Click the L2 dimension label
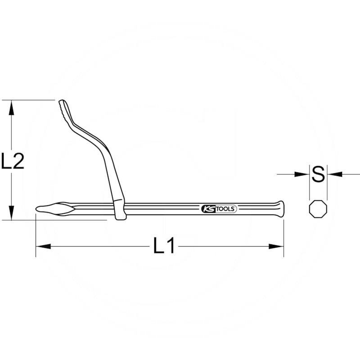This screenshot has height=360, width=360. coord(12,161)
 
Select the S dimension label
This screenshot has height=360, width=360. coord(318,175)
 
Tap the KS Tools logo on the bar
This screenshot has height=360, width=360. coord(218,209)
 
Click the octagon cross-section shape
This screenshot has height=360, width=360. coord(318,210)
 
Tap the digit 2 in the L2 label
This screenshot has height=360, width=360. coord(18,161)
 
